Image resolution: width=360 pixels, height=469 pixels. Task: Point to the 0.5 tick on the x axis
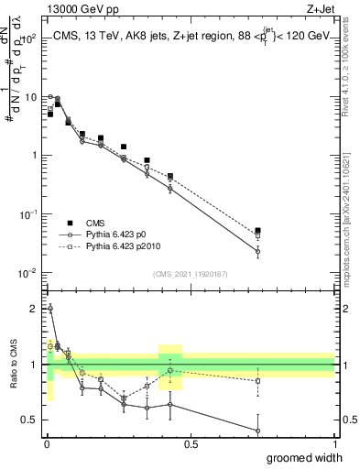[x=191, y=443]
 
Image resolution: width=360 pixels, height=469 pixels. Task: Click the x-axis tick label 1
[x=334, y=443]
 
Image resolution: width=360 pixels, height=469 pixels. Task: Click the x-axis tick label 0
[x=47, y=443]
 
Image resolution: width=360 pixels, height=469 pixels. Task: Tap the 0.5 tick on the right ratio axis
[x=346, y=420]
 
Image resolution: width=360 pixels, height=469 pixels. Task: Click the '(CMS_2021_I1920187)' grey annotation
[x=191, y=272]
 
